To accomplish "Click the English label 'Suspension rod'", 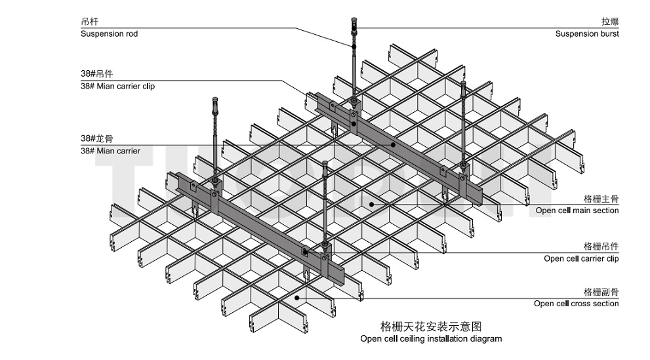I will coord(109,33).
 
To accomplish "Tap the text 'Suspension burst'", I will coord(586,33).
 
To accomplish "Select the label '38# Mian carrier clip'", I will coord(117,86).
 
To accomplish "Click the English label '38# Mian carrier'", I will coord(110,151).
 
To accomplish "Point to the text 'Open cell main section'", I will coord(577,210).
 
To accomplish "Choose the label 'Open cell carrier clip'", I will coord(581,258).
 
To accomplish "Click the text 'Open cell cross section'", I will coord(576,304).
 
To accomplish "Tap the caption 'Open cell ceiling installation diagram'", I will coord(430,339).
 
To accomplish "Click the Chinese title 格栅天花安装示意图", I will coord(431,325).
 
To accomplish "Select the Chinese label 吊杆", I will coord(90,22).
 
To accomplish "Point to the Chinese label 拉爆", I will coord(609,22).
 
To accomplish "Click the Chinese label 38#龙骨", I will coord(96,138).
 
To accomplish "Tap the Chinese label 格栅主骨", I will coord(601,198).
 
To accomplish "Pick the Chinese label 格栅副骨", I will coord(601,291).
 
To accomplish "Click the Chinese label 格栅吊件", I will coord(601,246).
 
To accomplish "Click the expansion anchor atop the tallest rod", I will coord(354,26).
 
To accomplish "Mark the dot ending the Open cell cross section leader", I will coord(296,298).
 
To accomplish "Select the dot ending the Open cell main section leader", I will coord(371,204).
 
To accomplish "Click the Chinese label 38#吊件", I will coord(96,73).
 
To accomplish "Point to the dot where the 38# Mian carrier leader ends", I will coord(394,145).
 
